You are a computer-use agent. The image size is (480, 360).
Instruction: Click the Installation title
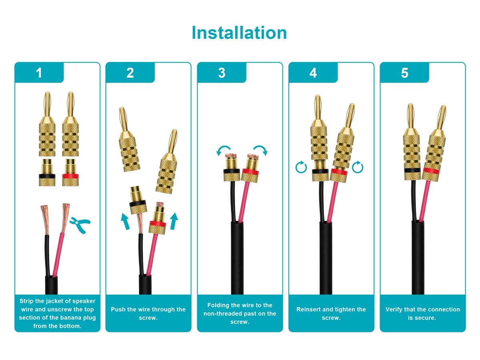coord(239,32)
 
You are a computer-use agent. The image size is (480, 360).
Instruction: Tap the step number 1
coord(39,73)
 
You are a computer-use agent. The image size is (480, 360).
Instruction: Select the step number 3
coord(222,73)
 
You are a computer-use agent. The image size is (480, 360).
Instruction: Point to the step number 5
coord(404,73)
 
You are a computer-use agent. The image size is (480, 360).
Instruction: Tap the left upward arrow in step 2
coord(126,221)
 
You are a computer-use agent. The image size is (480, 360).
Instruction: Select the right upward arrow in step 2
coord(173,221)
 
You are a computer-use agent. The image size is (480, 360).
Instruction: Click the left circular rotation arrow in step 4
coord(301,167)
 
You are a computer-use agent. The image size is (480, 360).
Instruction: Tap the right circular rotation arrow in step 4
coord(358,167)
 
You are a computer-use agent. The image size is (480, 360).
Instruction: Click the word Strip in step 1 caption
coord(27,301)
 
